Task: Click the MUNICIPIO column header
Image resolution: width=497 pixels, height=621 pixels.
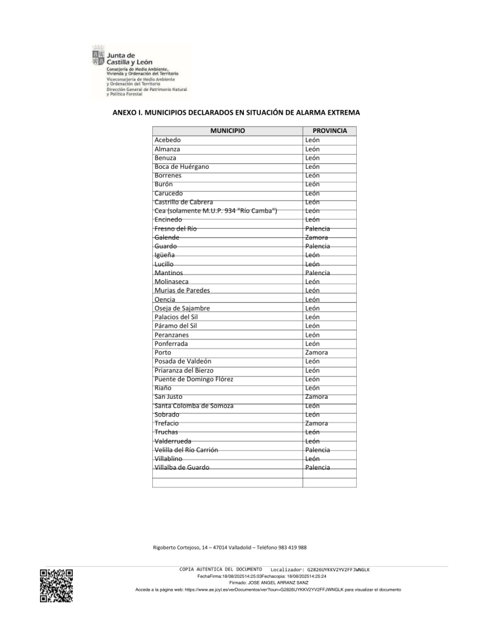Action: (228, 131)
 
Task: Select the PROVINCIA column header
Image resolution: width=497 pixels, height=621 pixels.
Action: (330, 131)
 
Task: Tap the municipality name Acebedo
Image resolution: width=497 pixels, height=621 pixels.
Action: (167, 140)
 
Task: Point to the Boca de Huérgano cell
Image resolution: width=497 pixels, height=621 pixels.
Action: (181, 167)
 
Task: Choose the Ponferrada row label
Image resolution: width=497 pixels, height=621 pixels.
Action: (171, 344)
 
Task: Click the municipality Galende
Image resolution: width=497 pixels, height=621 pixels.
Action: (167, 237)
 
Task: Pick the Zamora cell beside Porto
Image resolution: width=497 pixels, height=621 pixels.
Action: (317, 353)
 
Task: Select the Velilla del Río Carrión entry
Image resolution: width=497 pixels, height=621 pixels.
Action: (186, 450)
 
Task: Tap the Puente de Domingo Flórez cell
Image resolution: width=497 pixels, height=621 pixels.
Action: (194, 379)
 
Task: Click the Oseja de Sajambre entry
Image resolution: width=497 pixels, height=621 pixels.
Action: (182, 308)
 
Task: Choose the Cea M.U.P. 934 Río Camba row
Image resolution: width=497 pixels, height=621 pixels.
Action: (216, 211)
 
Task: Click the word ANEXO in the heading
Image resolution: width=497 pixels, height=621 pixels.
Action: (124, 112)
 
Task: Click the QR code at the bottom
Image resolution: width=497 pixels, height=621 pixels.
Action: (56, 585)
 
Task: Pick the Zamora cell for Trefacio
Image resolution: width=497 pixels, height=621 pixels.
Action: (317, 423)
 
